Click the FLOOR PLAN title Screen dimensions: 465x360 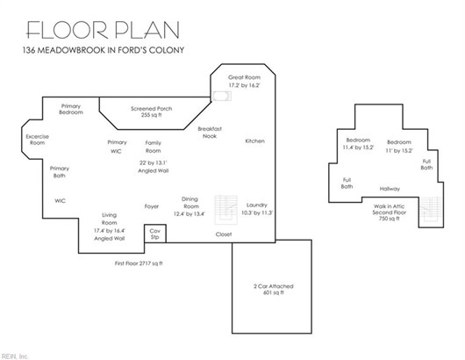click(103, 30)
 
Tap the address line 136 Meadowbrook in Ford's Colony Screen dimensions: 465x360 click(104, 50)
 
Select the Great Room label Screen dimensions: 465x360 click(245, 77)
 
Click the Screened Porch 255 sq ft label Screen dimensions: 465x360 click(152, 112)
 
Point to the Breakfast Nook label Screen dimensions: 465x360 click(210, 133)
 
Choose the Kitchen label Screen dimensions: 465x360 click(254, 141)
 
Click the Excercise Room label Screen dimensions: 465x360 click(38, 140)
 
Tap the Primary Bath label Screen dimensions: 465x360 click(60, 172)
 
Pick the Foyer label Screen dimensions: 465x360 click(152, 206)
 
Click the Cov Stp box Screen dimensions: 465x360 click(155, 234)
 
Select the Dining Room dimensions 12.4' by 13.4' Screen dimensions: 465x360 click(190, 213)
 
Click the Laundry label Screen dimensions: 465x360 click(257, 205)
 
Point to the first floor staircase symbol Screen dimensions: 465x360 click(226, 210)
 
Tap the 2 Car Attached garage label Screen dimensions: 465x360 click(274, 286)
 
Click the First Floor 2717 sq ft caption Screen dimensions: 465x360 click(139, 263)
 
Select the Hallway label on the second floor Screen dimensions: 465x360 click(390, 189)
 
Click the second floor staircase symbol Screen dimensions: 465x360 click(431, 209)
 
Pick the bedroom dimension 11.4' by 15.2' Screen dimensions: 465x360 click(358, 148)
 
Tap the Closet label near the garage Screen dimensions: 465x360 click(224, 234)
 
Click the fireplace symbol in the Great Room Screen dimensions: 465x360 click(221, 96)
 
